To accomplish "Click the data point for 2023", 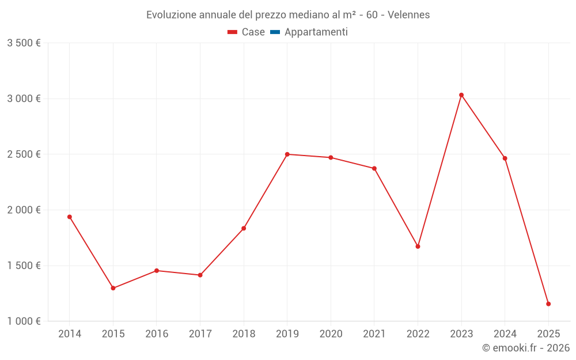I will tap(461, 95).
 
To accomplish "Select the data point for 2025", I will tap(548, 304).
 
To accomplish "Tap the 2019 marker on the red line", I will tap(287, 154).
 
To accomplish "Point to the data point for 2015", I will tap(113, 288).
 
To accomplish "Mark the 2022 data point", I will tap(418, 247).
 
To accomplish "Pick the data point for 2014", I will tap(70, 217).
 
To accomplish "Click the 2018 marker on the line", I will tap(244, 229).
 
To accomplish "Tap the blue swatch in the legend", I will tap(275, 32).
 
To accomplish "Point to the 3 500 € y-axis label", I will tap(24, 43).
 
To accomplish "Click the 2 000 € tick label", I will tap(24, 210).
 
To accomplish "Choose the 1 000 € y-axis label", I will tap(24, 321).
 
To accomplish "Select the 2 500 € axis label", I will tap(24, 154).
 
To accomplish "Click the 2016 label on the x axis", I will tap(157, 334).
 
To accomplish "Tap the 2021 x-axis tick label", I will tap(374, 334).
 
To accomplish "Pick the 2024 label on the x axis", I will tap(505, 334).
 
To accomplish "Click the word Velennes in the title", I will tap(408, 15).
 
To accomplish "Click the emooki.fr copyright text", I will tap(526, 348).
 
